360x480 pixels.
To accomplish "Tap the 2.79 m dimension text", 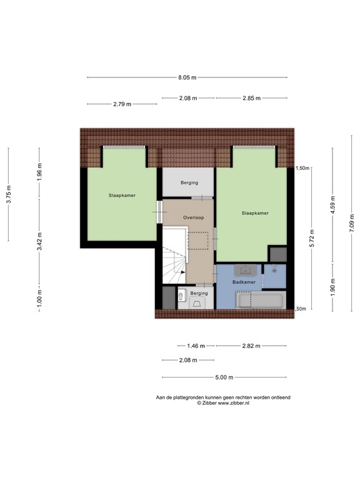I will point(122,104).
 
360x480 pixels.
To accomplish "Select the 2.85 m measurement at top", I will point(251,98).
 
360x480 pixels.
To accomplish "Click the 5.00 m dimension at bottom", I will point(224,377).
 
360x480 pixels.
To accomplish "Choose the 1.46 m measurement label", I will point(196,346).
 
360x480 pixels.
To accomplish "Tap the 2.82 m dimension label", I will point(251,346).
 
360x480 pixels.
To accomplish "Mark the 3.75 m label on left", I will point(9,194).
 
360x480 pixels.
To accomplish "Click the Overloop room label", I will point(193,217).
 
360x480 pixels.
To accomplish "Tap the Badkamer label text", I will point(244,282).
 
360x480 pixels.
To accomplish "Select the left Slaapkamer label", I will point(121,195).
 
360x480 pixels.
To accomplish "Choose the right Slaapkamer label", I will point(255,213).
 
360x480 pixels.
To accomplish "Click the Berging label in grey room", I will point(189,183).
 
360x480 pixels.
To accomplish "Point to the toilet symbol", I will point(181,295).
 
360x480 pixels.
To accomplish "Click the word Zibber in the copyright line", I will point(212,404).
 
